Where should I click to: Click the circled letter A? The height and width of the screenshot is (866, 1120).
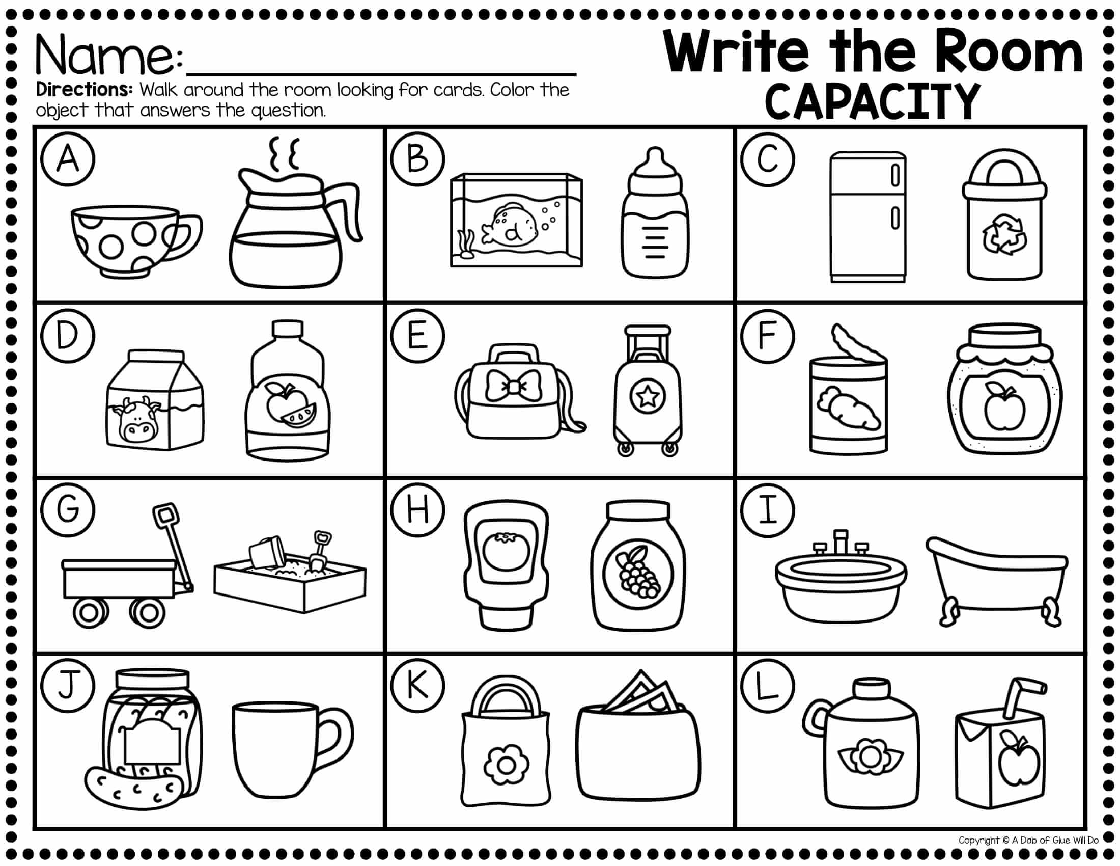click(68, 159)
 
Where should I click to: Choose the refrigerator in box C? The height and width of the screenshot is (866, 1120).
click(868, 216)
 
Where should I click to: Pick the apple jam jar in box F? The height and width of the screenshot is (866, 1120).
click(1004, 389)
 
